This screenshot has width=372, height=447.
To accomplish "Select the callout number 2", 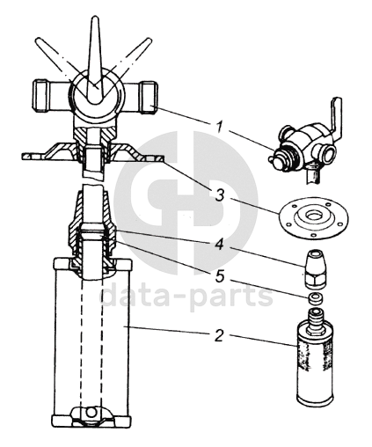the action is pos(219,335).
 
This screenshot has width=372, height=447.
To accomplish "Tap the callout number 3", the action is pos(220,194).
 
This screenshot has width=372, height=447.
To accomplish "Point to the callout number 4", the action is pos(220,243).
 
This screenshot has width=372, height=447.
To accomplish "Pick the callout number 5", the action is pos(220,276).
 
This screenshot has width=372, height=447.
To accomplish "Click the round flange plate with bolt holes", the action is pos(314,217).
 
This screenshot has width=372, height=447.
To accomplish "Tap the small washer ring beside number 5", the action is pos(316,298).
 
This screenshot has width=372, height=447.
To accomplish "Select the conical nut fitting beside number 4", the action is pos(316,268).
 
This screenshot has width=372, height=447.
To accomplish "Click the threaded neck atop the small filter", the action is pos(316,319).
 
